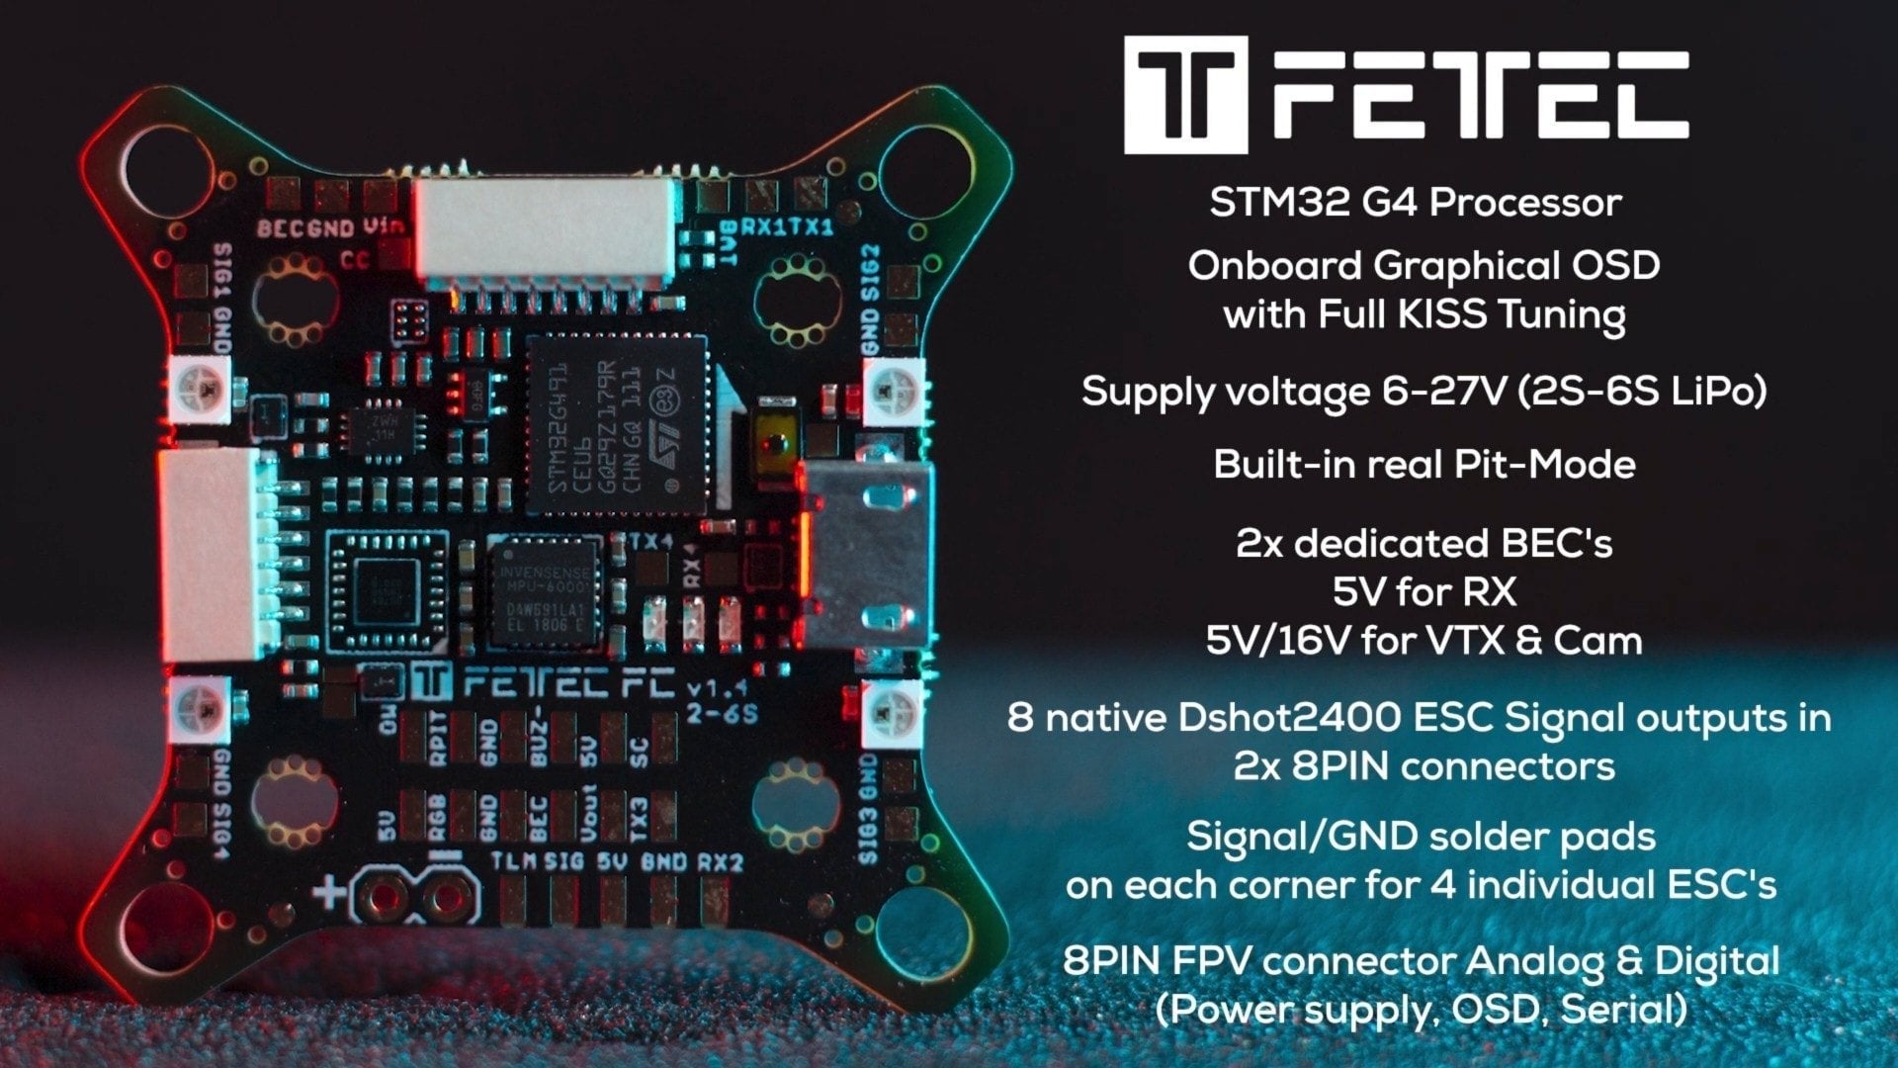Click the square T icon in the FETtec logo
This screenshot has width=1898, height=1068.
pyautogui.click(x=1185, y=95)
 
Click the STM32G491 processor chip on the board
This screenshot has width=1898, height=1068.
pyautogui.click(x=615, y=425)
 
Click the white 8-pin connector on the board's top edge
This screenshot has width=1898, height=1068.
pyautogui.click(x=546, y=229)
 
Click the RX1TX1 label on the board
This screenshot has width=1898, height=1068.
pyautogui.click(x=787, y=227)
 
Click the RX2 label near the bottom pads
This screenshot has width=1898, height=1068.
pyautogui.click(x=720, y=862)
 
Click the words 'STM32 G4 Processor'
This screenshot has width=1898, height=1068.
pyautogui.click(x=1415, y=203)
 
